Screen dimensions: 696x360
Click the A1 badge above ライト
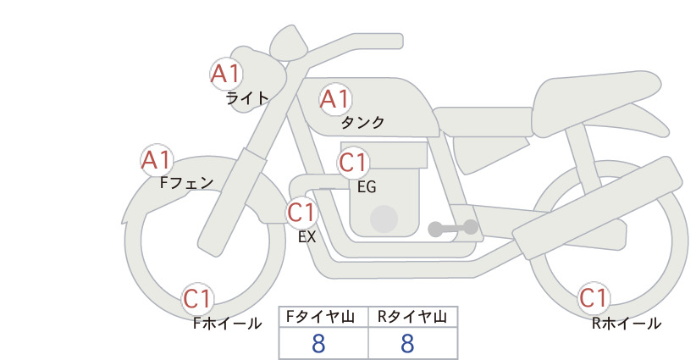[226, 74]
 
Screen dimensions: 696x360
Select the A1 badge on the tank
[335, 99]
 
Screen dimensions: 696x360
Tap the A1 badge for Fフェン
[157, 160]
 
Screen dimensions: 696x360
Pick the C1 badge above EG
[354, 163]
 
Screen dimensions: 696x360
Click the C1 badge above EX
[301, 212]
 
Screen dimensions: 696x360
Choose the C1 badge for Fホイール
[197, 299]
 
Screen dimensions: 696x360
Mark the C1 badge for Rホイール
[594, 298]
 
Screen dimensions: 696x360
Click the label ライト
[247, 98]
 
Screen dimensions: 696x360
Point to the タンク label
[362, 123]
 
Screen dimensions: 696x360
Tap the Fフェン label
[186, 182]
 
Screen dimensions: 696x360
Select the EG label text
[367, 187]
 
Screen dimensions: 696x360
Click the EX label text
[307, 237]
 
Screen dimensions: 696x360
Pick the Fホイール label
[227, 324]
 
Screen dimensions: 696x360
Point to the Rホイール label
[627, 324]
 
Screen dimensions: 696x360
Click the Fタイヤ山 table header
[320, 317]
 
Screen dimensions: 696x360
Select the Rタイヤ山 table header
[412, 317]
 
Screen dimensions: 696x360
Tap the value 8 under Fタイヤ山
[318, 343]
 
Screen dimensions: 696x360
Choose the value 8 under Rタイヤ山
[407, 343]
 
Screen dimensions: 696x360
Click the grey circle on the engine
[384, 219]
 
